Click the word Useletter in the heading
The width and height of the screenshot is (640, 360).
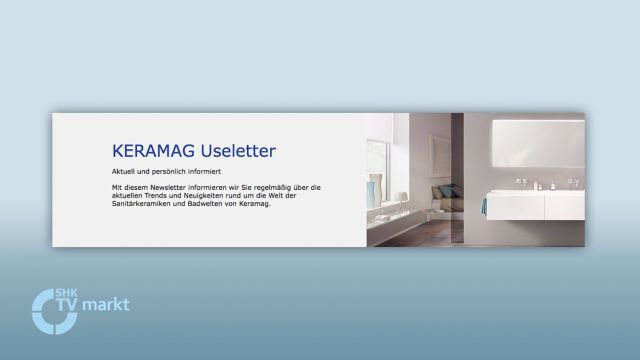point(237,151)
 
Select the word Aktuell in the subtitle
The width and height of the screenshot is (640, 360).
point(123,172)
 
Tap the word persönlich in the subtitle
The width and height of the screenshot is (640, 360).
point(164,172)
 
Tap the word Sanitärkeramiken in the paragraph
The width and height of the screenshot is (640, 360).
point(139,203)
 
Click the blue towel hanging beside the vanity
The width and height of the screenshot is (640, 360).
point(483,205)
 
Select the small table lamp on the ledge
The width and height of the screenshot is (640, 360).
point(400,197)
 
